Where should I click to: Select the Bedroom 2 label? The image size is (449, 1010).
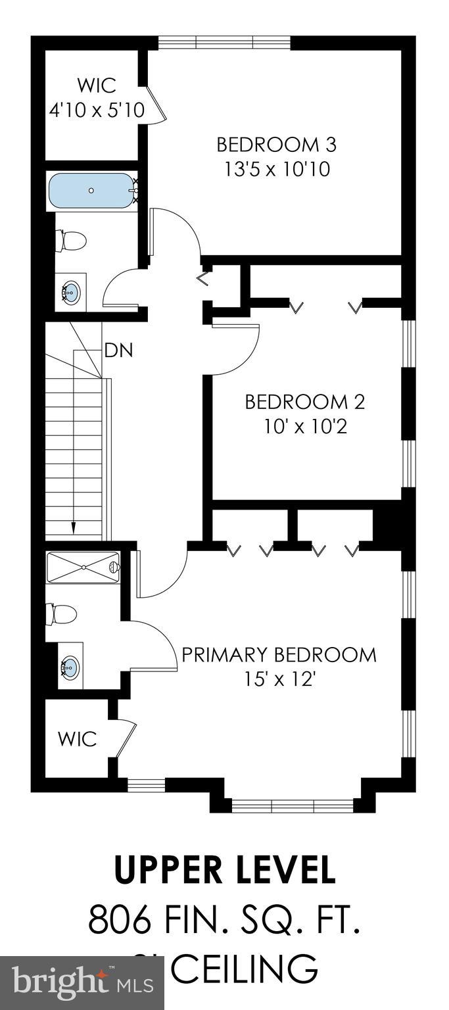tap(304, 401)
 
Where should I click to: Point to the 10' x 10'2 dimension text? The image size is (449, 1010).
tap(304, 427)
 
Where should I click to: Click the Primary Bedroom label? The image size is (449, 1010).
tap(279, 655)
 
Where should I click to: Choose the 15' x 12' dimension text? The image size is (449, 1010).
tap(279, 680)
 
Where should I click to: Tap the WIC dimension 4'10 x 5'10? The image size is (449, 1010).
tap(97, 110)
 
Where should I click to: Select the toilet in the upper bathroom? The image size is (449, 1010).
tap(71, 240)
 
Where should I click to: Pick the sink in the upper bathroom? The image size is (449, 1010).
tap(71, 290)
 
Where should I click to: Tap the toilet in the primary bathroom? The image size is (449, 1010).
tap(61, 615)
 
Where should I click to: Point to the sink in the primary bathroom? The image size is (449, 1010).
tap(69, 669)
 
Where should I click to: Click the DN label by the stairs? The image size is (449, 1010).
tap(118, 350)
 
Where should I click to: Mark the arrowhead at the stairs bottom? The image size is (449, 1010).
tap(74, 527)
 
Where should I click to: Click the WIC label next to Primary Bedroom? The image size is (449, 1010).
tap(77, 738)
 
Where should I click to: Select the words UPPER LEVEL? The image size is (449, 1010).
tap(225, 871)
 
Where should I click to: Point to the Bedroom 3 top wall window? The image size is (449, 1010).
tap(224, 43)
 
